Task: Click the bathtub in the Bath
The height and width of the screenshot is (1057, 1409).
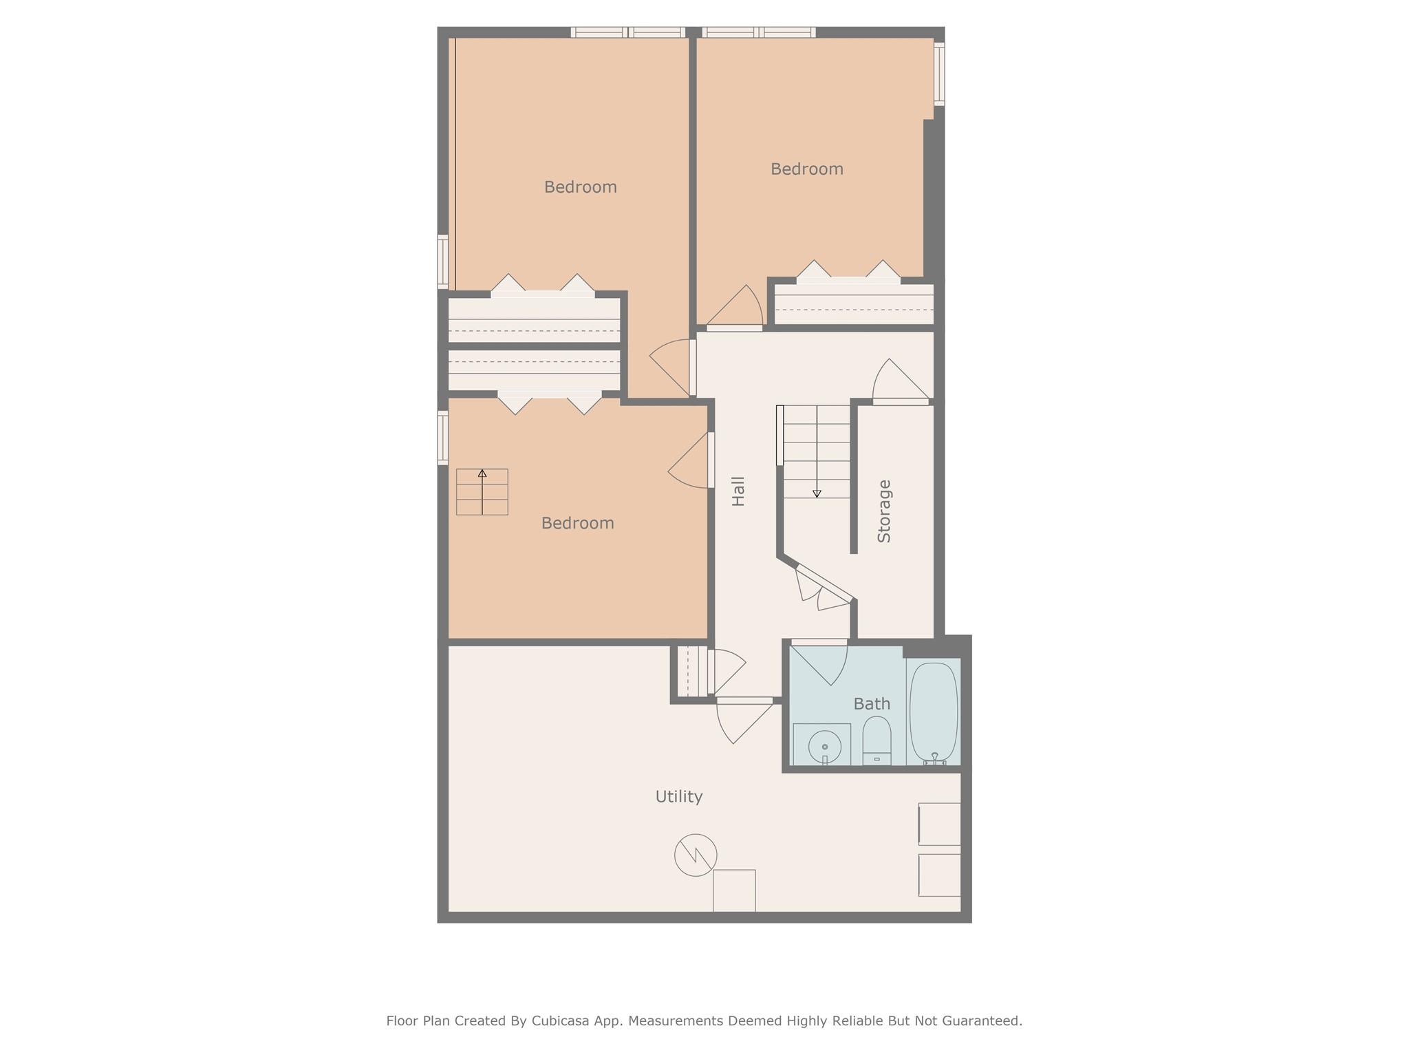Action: click(933, 712)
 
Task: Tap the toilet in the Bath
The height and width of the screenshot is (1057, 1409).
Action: click(876, 740)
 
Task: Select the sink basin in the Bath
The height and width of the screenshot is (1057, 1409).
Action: click(824, 745)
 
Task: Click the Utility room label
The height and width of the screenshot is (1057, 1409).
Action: click(678, 797)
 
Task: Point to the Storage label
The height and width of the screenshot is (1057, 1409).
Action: click(884, 511)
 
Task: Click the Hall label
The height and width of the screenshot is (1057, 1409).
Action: click(738, 491)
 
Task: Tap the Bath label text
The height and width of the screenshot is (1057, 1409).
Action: click(872, 704)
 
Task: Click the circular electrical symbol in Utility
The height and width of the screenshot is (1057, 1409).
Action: click(696, 855)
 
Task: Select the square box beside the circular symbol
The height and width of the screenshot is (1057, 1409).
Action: click(734, 890)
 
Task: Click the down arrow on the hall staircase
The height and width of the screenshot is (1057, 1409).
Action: click(817, 493)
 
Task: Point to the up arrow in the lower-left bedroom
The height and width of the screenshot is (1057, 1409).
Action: click(482, 474)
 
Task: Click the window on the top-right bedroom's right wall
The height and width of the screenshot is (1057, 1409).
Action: click(939, 74)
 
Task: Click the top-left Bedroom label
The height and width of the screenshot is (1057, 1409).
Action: click(580, 187)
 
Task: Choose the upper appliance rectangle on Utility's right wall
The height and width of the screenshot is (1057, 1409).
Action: click(939, 824)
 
